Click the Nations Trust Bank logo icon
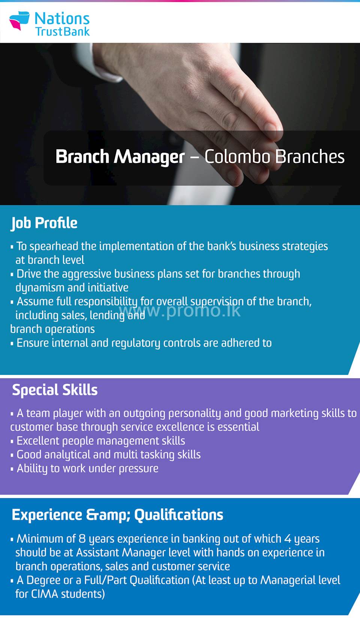19,21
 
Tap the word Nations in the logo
62,18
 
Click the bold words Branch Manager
120,157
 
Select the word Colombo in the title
237,157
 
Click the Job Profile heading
44,223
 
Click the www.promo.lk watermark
180,310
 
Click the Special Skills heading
55,390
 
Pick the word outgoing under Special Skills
144,413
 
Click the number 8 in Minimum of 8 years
82,539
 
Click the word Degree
43,580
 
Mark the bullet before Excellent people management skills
12,442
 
